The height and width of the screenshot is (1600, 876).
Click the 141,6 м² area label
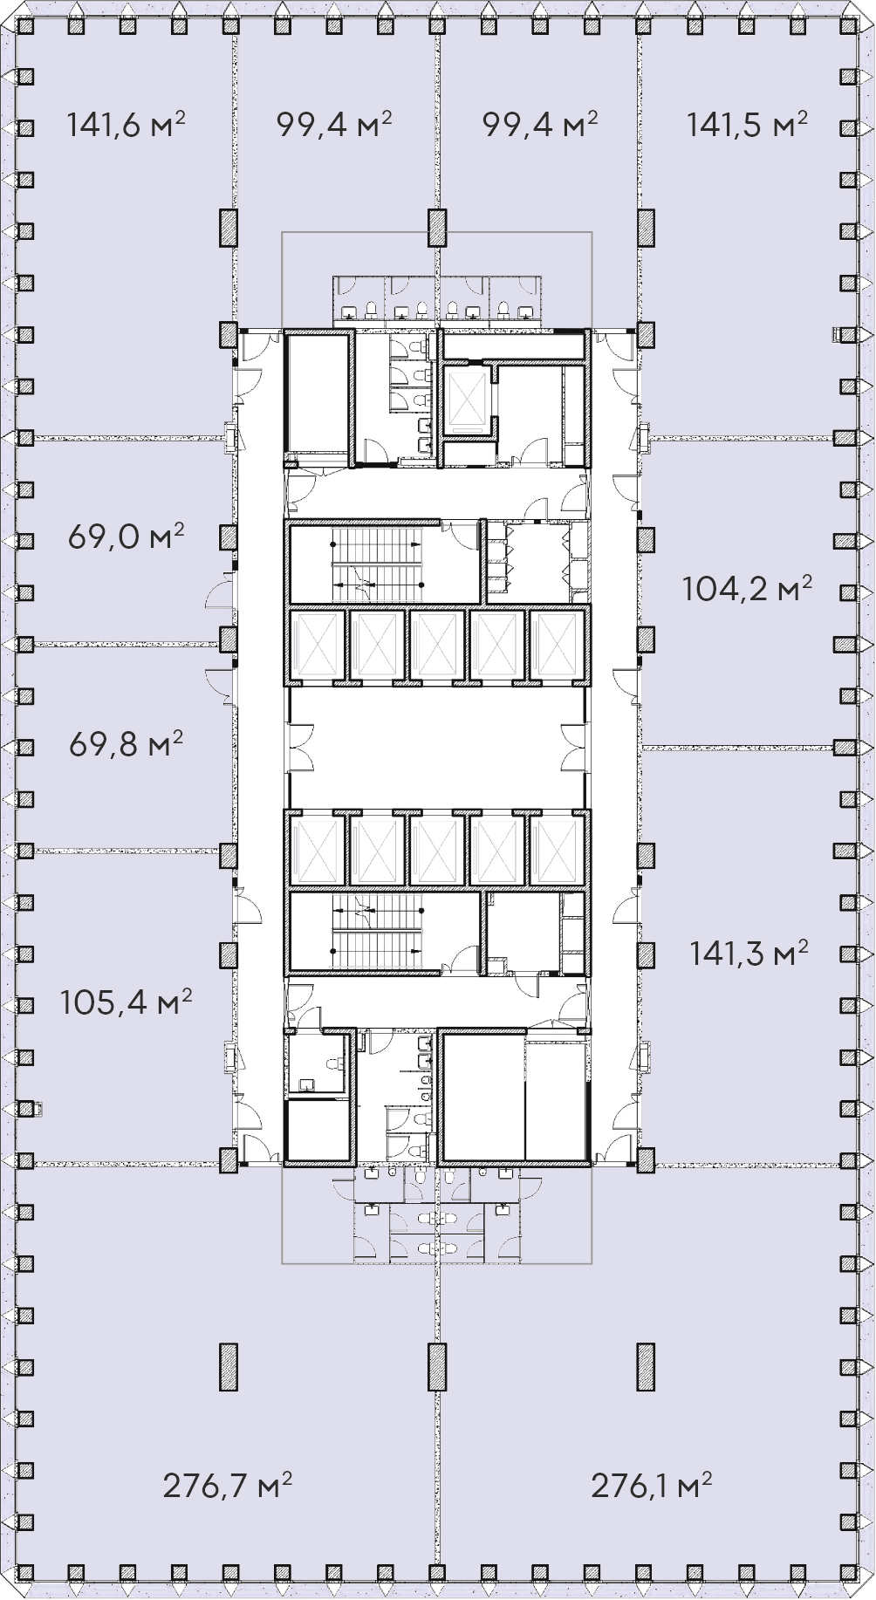[x=126, y=125]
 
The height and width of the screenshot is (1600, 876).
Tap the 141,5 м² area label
[x=746, y=125]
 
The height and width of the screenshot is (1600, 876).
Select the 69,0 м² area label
[x=126, y=537]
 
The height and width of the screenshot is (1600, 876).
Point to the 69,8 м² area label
[x=126, y=745]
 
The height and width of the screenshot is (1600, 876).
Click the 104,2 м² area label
[x=747, y=590]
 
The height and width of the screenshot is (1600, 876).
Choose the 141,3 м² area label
[x=749, y=953]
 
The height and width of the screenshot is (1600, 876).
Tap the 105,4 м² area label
[x=126, y=1002]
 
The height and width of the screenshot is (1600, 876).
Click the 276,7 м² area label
[x=227, y=1485]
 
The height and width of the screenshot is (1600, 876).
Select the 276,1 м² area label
[x=651, y=1485]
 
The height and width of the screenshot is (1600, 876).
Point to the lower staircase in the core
[x=376, y=932]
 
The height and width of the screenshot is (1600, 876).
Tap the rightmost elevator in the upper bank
[x=557, y=645]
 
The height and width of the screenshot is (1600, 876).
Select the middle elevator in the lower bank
[x=437, y=851]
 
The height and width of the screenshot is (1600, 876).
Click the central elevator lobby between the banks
[x=436, y=748]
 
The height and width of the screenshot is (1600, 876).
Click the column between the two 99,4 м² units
[x=437, y=228]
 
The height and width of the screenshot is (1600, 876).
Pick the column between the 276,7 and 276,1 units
[x=437, y=1366]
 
